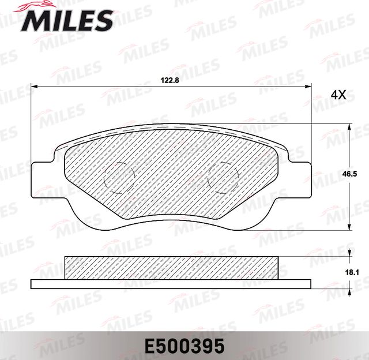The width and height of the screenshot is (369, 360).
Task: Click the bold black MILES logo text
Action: pos(67,22)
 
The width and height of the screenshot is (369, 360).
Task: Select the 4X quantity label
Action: pos(338,95)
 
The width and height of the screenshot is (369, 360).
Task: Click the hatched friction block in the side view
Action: pos(173,267)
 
